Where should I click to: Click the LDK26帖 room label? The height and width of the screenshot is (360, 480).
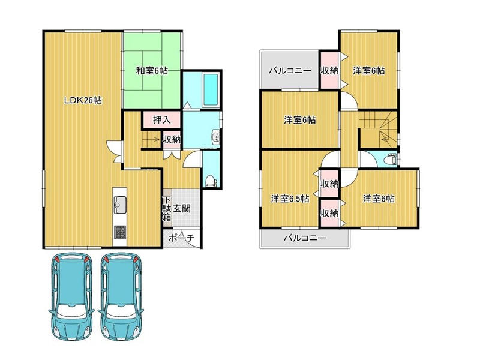(83, 100)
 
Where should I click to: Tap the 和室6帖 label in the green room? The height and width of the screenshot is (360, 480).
(152, 71)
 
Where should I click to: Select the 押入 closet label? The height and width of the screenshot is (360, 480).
(161, 119)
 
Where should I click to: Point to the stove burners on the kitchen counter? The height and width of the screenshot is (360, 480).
(119, 232)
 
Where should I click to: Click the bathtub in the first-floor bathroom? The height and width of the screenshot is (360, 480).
(211, 89)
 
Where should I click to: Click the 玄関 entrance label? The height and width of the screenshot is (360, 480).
(182, 209)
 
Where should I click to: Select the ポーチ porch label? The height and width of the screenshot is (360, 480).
(182, 238)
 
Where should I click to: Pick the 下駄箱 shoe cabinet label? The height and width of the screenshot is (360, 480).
(167, 209)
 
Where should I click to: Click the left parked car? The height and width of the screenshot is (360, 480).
(71, 296)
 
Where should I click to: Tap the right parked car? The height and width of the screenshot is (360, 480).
(121, 296)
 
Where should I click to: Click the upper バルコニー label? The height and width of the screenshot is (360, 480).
(290, 71)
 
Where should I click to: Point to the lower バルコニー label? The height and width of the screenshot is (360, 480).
(305, 238)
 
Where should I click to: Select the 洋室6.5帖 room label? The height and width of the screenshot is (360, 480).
(290, 199)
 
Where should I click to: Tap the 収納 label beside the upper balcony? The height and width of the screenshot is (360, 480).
(329, 71)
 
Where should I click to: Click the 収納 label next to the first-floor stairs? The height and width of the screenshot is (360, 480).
(172, 140)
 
